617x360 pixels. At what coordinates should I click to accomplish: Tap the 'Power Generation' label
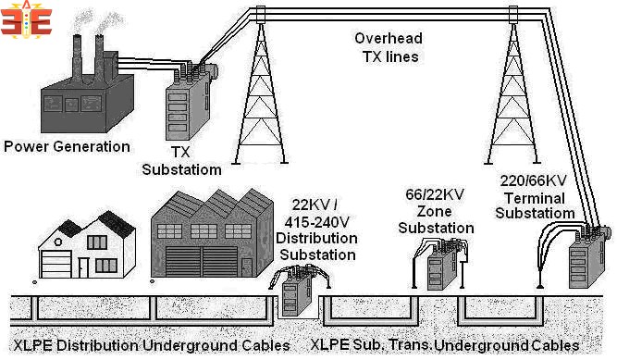tap(67, 146)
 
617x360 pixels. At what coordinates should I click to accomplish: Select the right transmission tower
tap(513, 93)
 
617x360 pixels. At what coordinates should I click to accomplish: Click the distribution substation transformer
tap(294, 293)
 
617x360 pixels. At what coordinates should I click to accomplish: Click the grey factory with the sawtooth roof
tap(208, 236)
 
